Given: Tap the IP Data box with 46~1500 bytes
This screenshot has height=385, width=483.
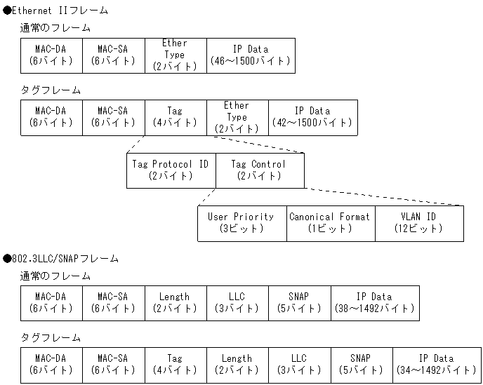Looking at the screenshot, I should pyautogui.click(x=251, y=55).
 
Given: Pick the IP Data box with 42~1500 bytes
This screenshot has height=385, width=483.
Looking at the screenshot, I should pyautogui.click(x=312, y=117).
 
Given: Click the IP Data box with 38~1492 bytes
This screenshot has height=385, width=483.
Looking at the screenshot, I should pyautogui.click(x=375, y=302).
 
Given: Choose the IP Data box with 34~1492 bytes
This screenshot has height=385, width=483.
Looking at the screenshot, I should pyautogui.click(x=437, y=364).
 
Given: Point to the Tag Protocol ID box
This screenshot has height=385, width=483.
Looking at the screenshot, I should pyautogui.click(x=171, y=170).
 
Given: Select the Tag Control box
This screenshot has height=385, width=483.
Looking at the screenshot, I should pyautogui.click(x=260, y=170).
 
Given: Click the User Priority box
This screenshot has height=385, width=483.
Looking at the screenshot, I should pyautogui.click(x=241, y=223).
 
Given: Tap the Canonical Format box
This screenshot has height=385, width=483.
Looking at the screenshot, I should pyautogui.click(x=330, y=223).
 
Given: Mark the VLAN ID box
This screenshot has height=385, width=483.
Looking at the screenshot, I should pyautogui.click(x=419, y=223).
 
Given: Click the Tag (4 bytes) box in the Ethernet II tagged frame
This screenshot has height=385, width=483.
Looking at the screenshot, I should pyautogui.click(x=175, y=117).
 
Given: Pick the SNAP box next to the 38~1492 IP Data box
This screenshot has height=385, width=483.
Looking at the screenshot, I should pyautogui.click(x=299, y=302).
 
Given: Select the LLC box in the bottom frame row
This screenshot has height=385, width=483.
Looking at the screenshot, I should pyautogui.click(x=299, y=364).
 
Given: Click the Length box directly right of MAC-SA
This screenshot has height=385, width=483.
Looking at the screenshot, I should pyautogui.click(x=175, y=302).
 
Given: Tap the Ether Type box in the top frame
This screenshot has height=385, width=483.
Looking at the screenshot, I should pyautogui.click(x=175, y=55).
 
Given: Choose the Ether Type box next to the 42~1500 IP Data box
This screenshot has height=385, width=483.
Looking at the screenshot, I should pyautogui.click(x=237, y=117).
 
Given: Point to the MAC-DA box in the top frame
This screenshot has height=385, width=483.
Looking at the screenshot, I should pyautogui.click(x=51, y=55).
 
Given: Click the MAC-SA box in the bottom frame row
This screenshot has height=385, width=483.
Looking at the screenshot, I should pyautogui.click(x=113, y=364).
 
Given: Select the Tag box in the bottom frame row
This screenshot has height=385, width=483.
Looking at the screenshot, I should pyautogui.click(x=175, y=364).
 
